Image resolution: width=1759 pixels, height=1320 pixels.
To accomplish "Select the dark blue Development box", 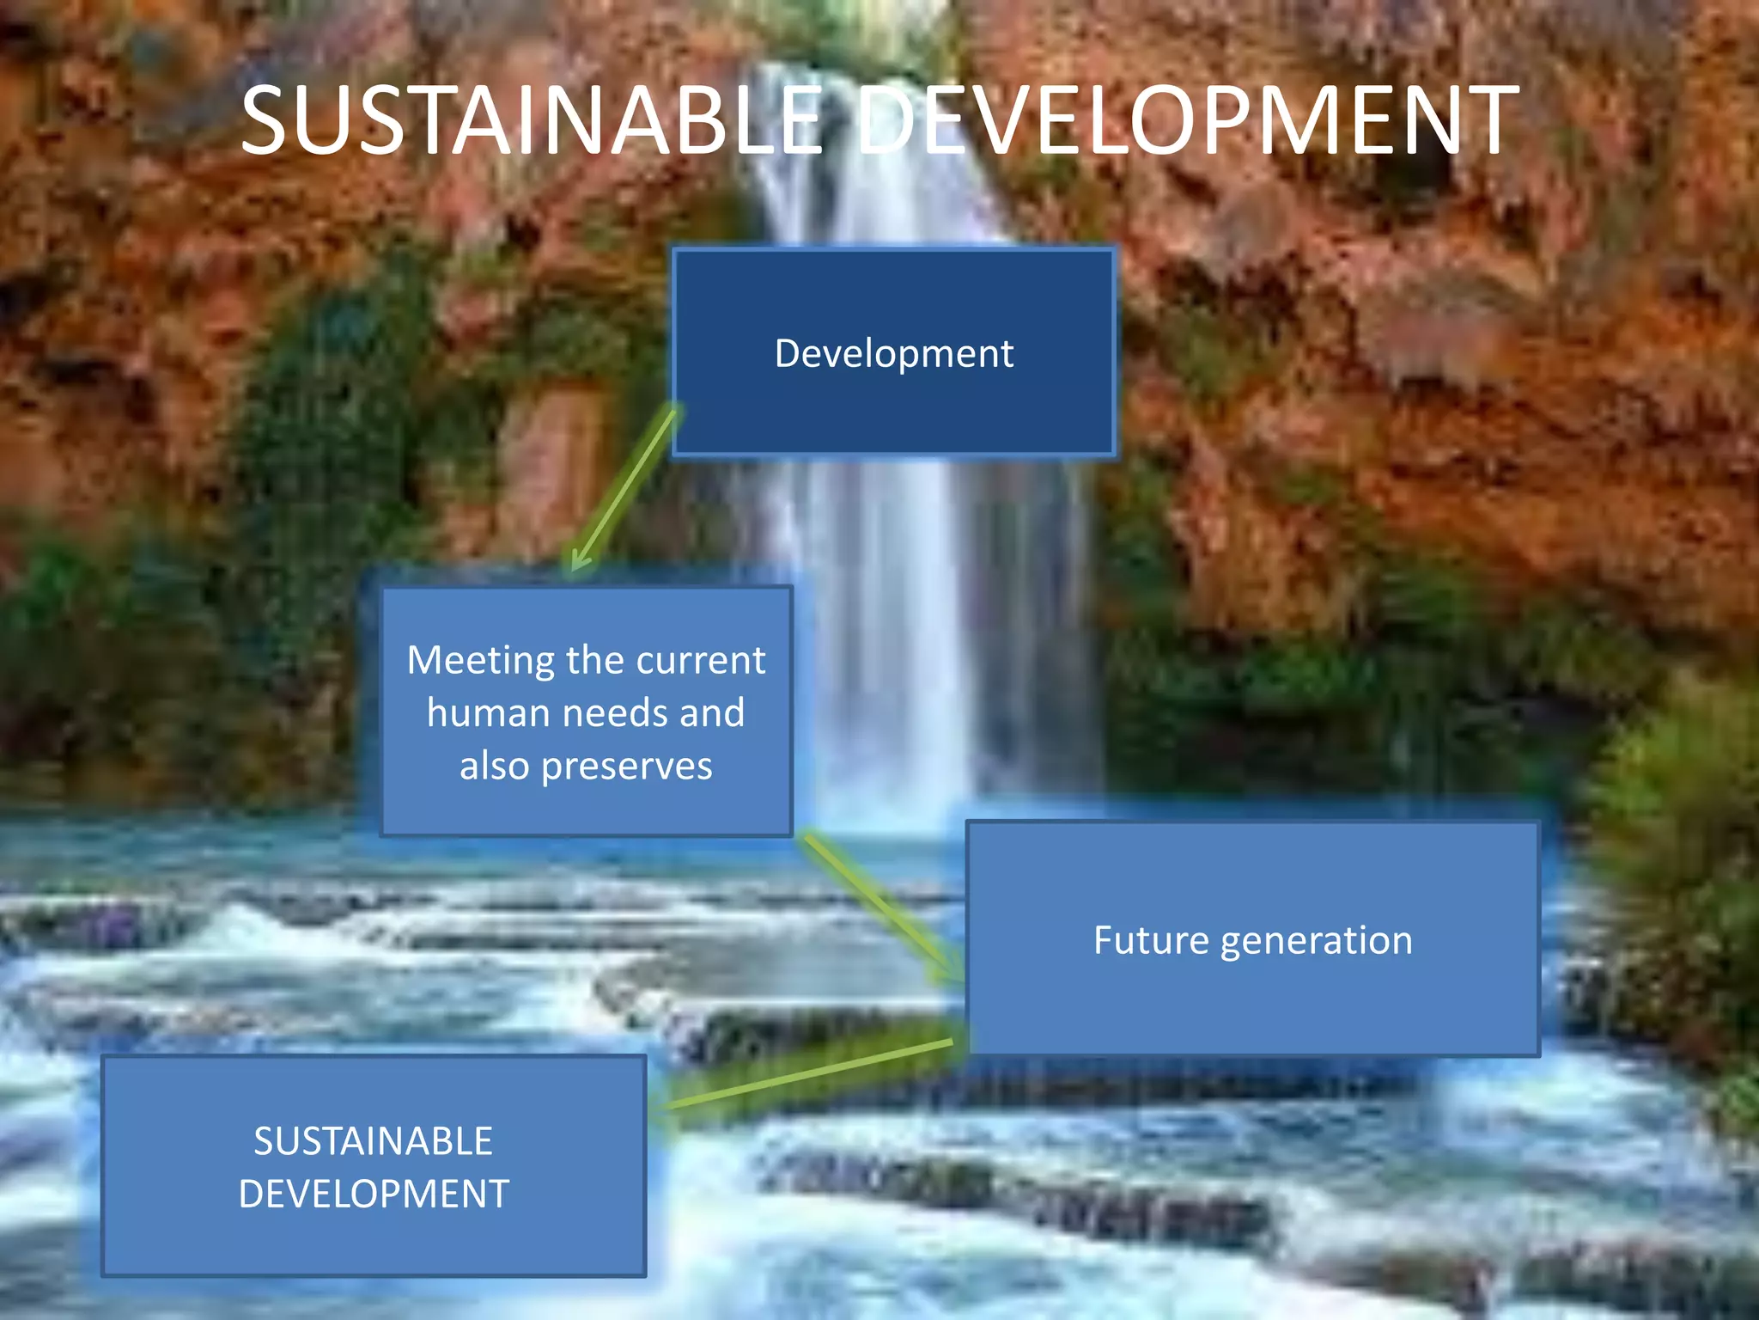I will click(893, 412).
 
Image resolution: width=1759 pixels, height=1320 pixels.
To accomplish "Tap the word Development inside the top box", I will click(893, 354).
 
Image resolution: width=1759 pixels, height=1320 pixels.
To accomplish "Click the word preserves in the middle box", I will click(626, 767).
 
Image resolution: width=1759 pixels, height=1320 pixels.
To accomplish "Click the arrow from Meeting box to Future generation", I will click(880, 907).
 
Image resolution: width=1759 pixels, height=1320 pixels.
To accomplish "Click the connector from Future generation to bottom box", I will click(807, 1074).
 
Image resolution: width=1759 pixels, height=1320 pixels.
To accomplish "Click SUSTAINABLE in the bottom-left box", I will click(373, 1141).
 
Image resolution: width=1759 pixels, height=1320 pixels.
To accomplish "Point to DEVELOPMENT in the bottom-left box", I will click(373, 1195).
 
